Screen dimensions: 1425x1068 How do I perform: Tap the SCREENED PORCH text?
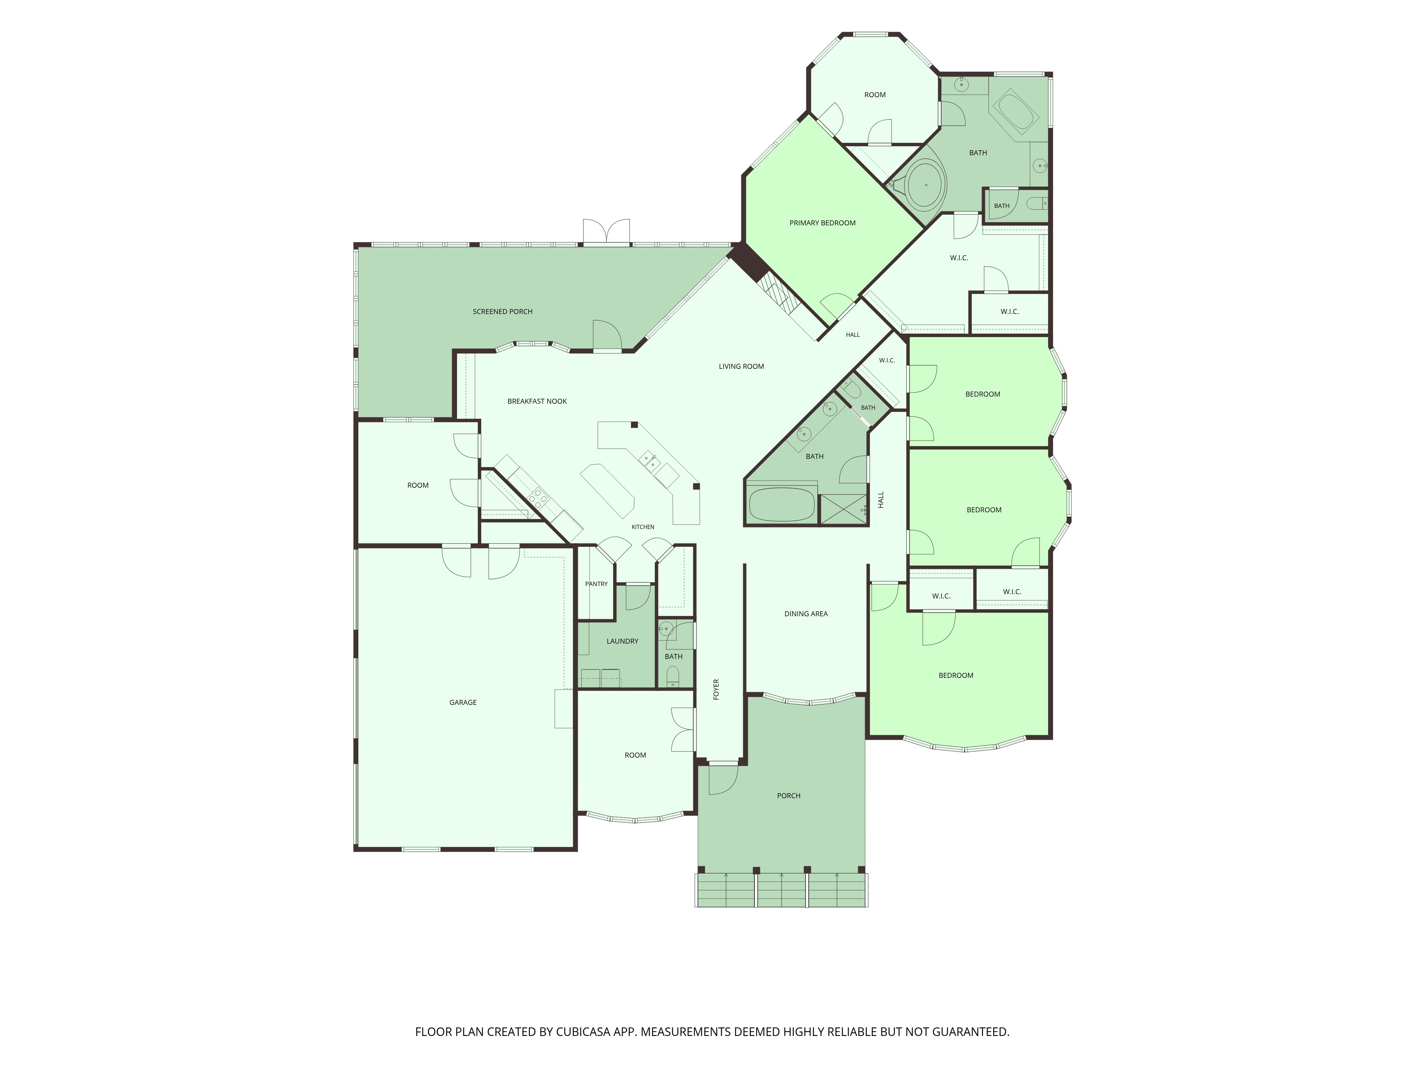pos(502,311)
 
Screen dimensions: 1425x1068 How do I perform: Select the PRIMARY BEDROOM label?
pos(823,223)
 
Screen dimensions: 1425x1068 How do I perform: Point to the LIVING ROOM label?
pos(741,366)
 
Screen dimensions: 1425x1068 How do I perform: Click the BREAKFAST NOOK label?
pos(537,401)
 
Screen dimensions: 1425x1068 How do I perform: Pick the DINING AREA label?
pos(806,613)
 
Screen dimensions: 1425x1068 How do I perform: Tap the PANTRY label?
pos(597,584)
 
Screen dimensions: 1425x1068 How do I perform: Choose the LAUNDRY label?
pos(622,641)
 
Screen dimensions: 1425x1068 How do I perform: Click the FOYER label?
pos(716,690)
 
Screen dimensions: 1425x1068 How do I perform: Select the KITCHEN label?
pos(643,527)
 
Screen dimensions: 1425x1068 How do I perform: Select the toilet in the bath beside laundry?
pos(673,676)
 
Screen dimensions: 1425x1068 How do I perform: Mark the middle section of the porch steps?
pos(781,890)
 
